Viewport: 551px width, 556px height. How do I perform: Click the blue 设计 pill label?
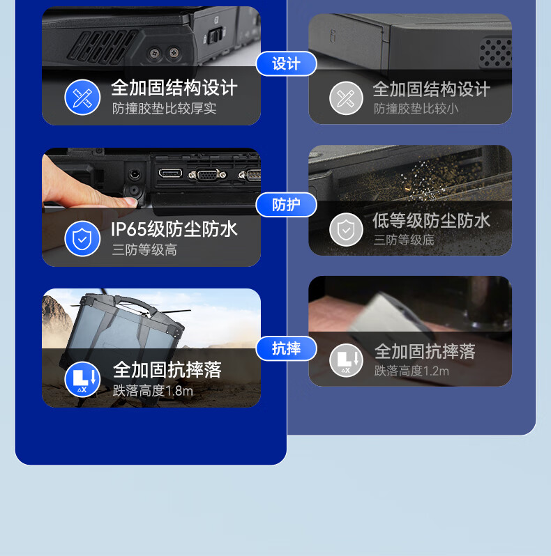tap(286, 64)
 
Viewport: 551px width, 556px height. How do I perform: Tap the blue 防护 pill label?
tap(286, 205)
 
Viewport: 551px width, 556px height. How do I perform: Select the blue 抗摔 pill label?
tap(286, 348)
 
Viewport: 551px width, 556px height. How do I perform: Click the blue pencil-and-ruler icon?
tap(82, 97)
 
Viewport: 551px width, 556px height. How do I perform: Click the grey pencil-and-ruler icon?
tap(346, 98)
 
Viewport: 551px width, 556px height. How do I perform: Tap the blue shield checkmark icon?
tap(82, 239)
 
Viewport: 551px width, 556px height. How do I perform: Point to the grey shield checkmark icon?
tap(346, 230)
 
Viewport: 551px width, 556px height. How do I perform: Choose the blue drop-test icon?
tap(82, 379)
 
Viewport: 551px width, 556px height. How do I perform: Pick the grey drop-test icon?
tap(346, 360)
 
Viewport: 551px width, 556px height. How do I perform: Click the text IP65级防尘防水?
tap(174, 229)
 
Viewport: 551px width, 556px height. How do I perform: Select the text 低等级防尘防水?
tap(431, 221)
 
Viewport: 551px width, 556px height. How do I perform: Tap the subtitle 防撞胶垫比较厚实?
tap(164, 109)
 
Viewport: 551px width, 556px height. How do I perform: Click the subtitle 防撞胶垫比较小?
tap(416, 109)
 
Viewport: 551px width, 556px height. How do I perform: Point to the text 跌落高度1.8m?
tap(153, 391)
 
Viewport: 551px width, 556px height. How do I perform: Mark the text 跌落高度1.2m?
tap(412, 371)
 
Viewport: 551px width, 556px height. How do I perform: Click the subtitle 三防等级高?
tap(144, 249)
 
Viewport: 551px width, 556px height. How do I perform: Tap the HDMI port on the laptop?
tap(170, 173)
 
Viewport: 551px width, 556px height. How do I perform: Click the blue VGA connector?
tap(207, 175)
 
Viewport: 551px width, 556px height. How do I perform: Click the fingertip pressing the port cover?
tap(130, 202)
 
